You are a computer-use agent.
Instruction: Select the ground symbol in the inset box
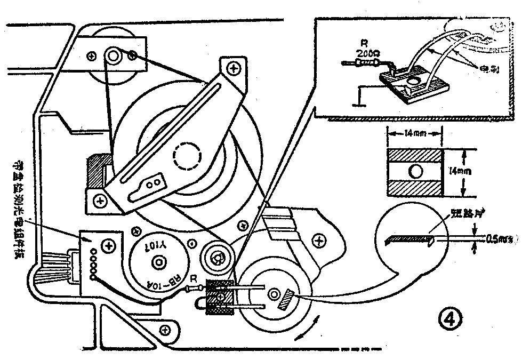tap(360, 97)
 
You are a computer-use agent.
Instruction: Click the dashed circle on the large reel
tap(187, 156)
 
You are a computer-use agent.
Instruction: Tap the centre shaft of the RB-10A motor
tap(158, 262)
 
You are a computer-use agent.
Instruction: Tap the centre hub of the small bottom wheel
tap(273, 293)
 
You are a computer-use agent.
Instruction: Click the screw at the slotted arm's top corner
tap(233, 68)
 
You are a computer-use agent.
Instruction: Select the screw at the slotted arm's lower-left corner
tap(99, 200)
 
